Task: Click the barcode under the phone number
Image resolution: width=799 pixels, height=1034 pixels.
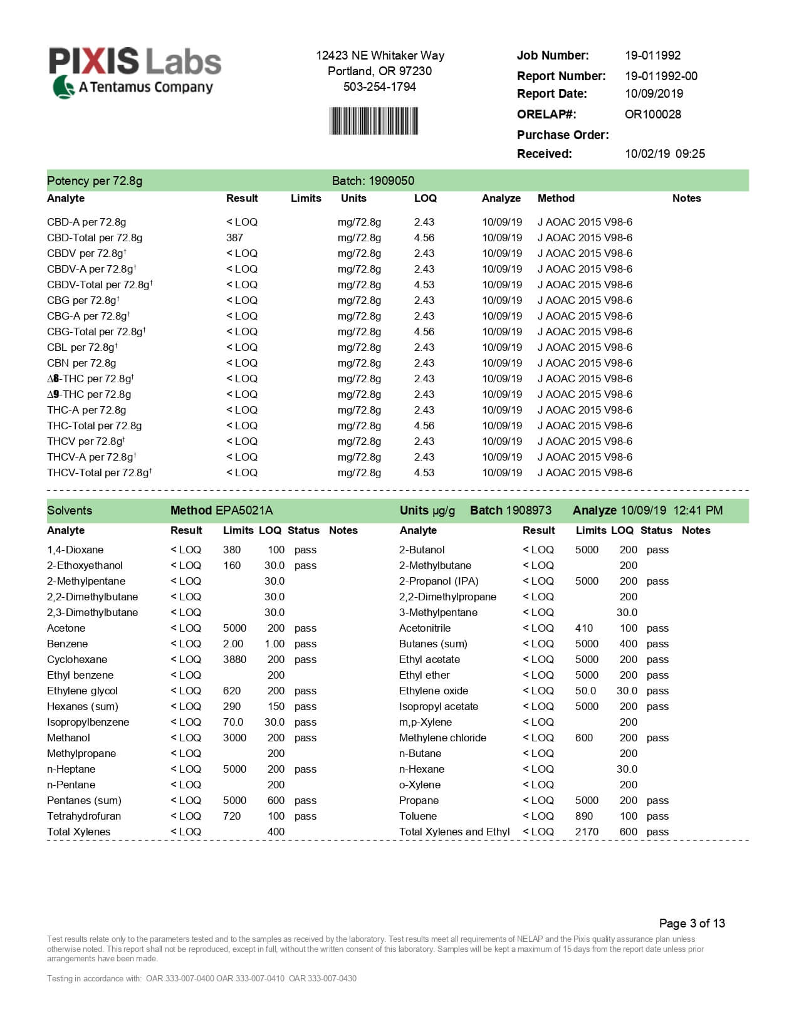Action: point(373,121)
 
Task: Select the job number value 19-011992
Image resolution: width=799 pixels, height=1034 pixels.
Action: point(652,55)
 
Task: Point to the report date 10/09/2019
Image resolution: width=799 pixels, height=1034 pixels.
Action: point(654,93)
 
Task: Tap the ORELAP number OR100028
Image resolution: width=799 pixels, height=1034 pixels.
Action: point(652,114)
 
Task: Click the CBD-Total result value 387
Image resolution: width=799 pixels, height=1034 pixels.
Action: point(234,238)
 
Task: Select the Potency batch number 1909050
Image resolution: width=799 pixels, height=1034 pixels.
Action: point(391,180)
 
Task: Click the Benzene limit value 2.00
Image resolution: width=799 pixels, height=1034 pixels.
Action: point(233,644)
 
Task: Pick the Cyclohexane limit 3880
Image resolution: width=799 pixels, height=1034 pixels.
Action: point(234,659)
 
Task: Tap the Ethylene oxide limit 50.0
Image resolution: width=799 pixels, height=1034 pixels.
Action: point(585,691)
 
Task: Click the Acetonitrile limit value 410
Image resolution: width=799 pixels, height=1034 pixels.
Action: point(583,628)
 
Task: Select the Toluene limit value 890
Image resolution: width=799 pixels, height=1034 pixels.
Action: point(583,816)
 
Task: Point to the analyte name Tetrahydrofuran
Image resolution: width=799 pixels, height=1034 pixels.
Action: point(84,816)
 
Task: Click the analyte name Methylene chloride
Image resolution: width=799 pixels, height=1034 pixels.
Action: point(442,738)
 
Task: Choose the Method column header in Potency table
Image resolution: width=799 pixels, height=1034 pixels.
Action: point(556,198)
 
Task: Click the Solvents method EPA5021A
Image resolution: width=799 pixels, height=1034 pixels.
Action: point(244,510)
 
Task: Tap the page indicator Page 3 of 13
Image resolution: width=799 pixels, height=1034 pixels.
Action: point(692,923)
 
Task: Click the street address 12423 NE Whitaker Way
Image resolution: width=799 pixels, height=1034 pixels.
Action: point(380,55)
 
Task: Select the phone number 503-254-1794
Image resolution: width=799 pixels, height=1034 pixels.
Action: point(380,86)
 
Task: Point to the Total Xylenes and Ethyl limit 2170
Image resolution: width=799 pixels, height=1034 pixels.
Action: point(587,832)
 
